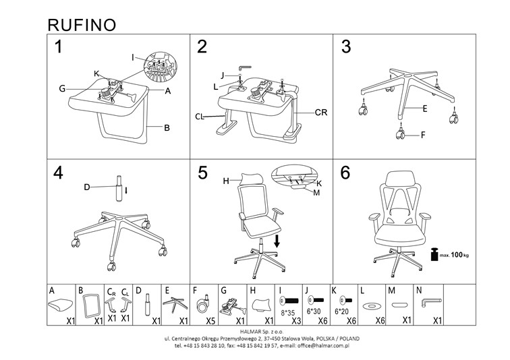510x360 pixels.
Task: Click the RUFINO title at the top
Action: click(x=82, y=24)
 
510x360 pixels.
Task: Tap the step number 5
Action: click(x=202, y=173)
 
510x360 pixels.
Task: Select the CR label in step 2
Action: click(x=320, y=113)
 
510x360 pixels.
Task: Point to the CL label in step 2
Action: click(x=200, y=117)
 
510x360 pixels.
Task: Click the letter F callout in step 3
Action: click(x=422, y=136)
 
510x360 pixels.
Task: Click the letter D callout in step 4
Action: click(x=87, y=187)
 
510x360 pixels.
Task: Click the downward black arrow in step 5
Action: click(x=277, y=240)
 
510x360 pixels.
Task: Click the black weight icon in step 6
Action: click(x=435, y=256)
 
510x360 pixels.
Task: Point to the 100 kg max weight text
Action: click(x=457, y=256)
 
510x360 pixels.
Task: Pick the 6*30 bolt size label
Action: click(x=314, y=313)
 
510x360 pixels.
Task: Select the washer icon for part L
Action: click(x=370, y=305)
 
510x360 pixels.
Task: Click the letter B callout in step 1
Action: click(x=166, y=127)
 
